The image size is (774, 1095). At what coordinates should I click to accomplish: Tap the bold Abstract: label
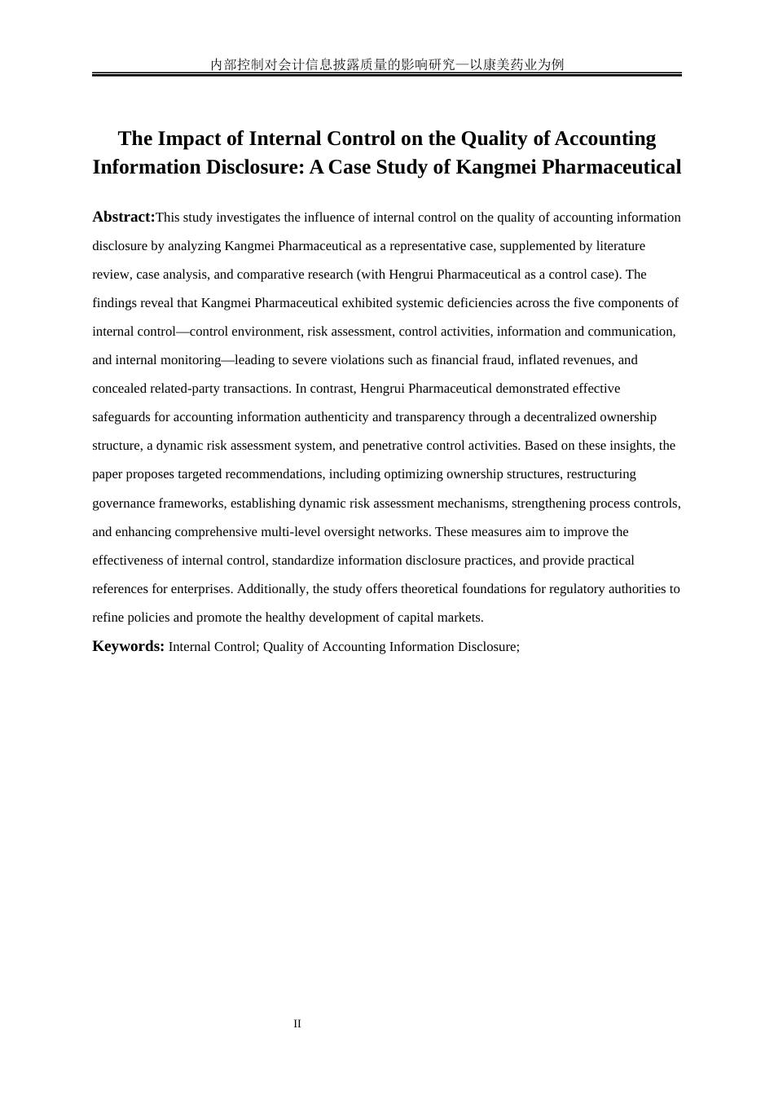pos(123,217)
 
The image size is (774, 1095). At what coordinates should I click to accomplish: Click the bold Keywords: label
pos(128,646)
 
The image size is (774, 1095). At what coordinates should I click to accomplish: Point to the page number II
pos(297,1024)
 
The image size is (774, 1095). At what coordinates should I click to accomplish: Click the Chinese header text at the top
pos(387,64)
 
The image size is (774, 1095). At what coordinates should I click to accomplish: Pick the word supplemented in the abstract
pos(541,246)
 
